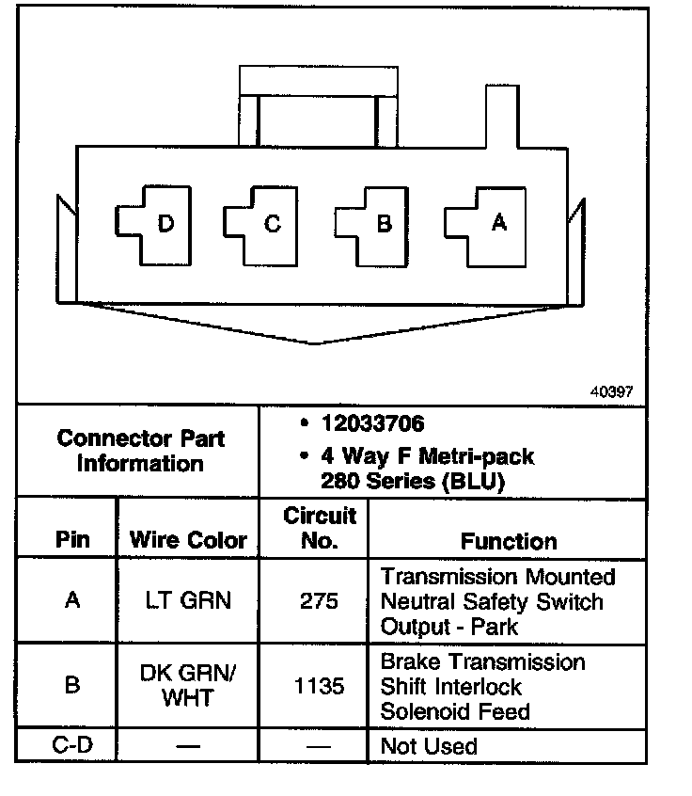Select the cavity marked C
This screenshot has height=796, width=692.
pyautogui.click(x=259, y=224)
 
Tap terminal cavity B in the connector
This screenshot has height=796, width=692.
pyautogui.click(x=371, y=224)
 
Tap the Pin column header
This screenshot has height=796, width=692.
pyautogui.click(x=72, y=540)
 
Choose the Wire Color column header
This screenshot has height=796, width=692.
pyautogui.click(x=188, y=540)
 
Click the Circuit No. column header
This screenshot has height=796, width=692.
pyautogui.click(x=320, y=528)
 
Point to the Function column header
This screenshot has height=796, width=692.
pyautogui.click(x=509, y=541)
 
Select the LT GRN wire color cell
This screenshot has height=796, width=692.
pyautogui.click(x=187, y=599)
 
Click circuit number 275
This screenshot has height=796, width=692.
pyautogui.click(x=319, y=599)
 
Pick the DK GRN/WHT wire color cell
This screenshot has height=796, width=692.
pyautogui.click(x=188, y=685)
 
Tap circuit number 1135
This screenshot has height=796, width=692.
pyautogui.click(x=319, y=686)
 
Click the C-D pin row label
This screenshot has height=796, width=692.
pyautogui.click(x=71, y=746)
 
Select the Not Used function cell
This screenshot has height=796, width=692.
pyautogui.click(x=429, y=746)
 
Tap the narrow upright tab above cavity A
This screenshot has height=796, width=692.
pyautogui.click(x=498, y=116)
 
